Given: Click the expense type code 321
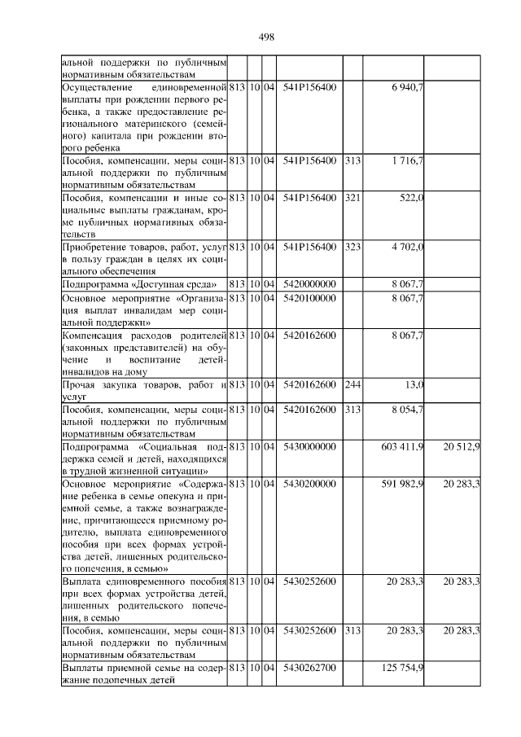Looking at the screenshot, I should pos(352,200).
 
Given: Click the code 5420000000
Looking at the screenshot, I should pos(309,284).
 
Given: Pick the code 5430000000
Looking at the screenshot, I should pos(309,447).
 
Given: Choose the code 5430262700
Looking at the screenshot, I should pos(309,668).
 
